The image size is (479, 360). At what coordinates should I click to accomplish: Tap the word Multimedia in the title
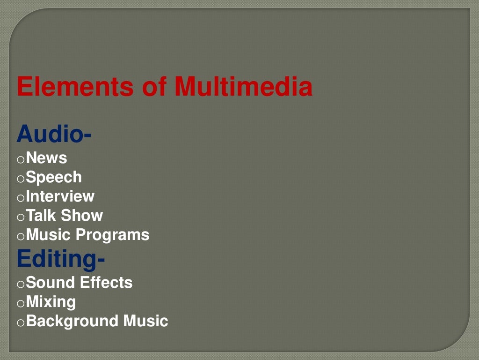coord(243,87)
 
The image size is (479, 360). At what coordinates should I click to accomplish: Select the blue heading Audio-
coord(54,135)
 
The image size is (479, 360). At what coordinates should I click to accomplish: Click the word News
coord(47,158)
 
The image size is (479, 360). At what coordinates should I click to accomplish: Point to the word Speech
coord(54,178)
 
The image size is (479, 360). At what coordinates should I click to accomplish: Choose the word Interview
coord(60,196)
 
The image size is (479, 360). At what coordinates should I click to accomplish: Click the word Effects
coord(106,283)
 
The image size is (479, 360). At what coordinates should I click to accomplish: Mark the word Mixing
coord(51,302)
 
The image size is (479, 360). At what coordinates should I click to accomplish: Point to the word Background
coord(73,322)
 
